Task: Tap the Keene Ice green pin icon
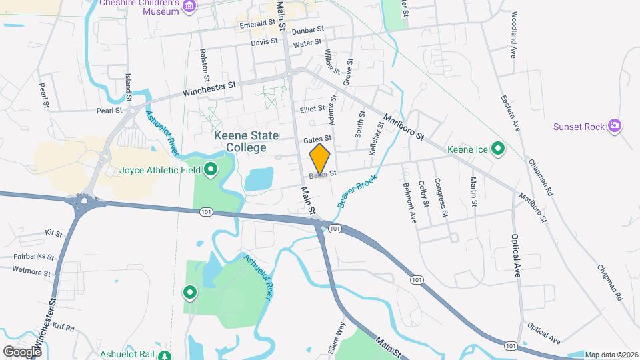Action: point(497,149)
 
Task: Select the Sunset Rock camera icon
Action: point(615,126)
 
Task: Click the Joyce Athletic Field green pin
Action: point(211,170)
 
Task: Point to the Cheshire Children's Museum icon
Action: point(191,6)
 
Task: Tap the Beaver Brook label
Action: point(357,191)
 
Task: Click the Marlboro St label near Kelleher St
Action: point(403,127)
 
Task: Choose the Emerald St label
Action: point(258,24)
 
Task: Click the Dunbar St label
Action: point(307,30)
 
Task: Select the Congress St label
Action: point(440,197)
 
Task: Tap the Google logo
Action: point(22,351)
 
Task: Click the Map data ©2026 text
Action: point(611,355)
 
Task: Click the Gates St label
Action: point(317,139)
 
